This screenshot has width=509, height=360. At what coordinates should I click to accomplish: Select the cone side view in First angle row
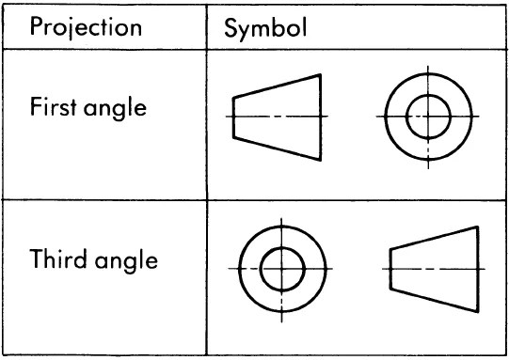(x=277, y=117)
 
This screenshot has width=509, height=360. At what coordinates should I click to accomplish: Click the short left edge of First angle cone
(x=234, y=117)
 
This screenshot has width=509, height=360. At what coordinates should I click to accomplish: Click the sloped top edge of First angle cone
(x=277, y=85)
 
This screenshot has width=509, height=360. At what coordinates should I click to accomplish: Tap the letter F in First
(x=33, y=106)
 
